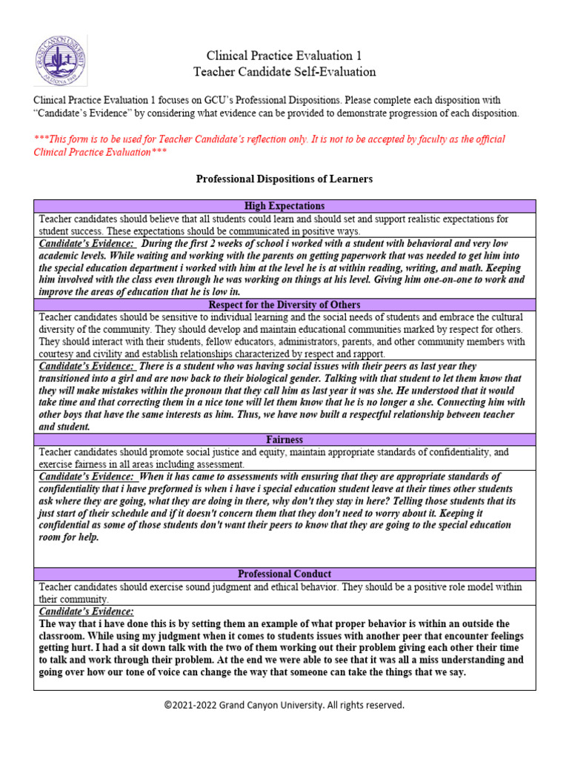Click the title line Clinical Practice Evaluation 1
pyautogui.click(x=284, y=56)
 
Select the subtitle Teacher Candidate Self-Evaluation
pyautogui.click(x=284, y=72)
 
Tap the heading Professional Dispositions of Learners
pyautogui.click(x=284, y=179)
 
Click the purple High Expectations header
pyautogui.click(x=284, y=206)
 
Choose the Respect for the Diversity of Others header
pyautogui.click(x=284, y=305)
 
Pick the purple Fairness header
pyautogui.click(x=284, y=440)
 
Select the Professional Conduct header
pyautogui.click(x=284, y=574)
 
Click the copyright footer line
pyautogui.click(x=284, y=705)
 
